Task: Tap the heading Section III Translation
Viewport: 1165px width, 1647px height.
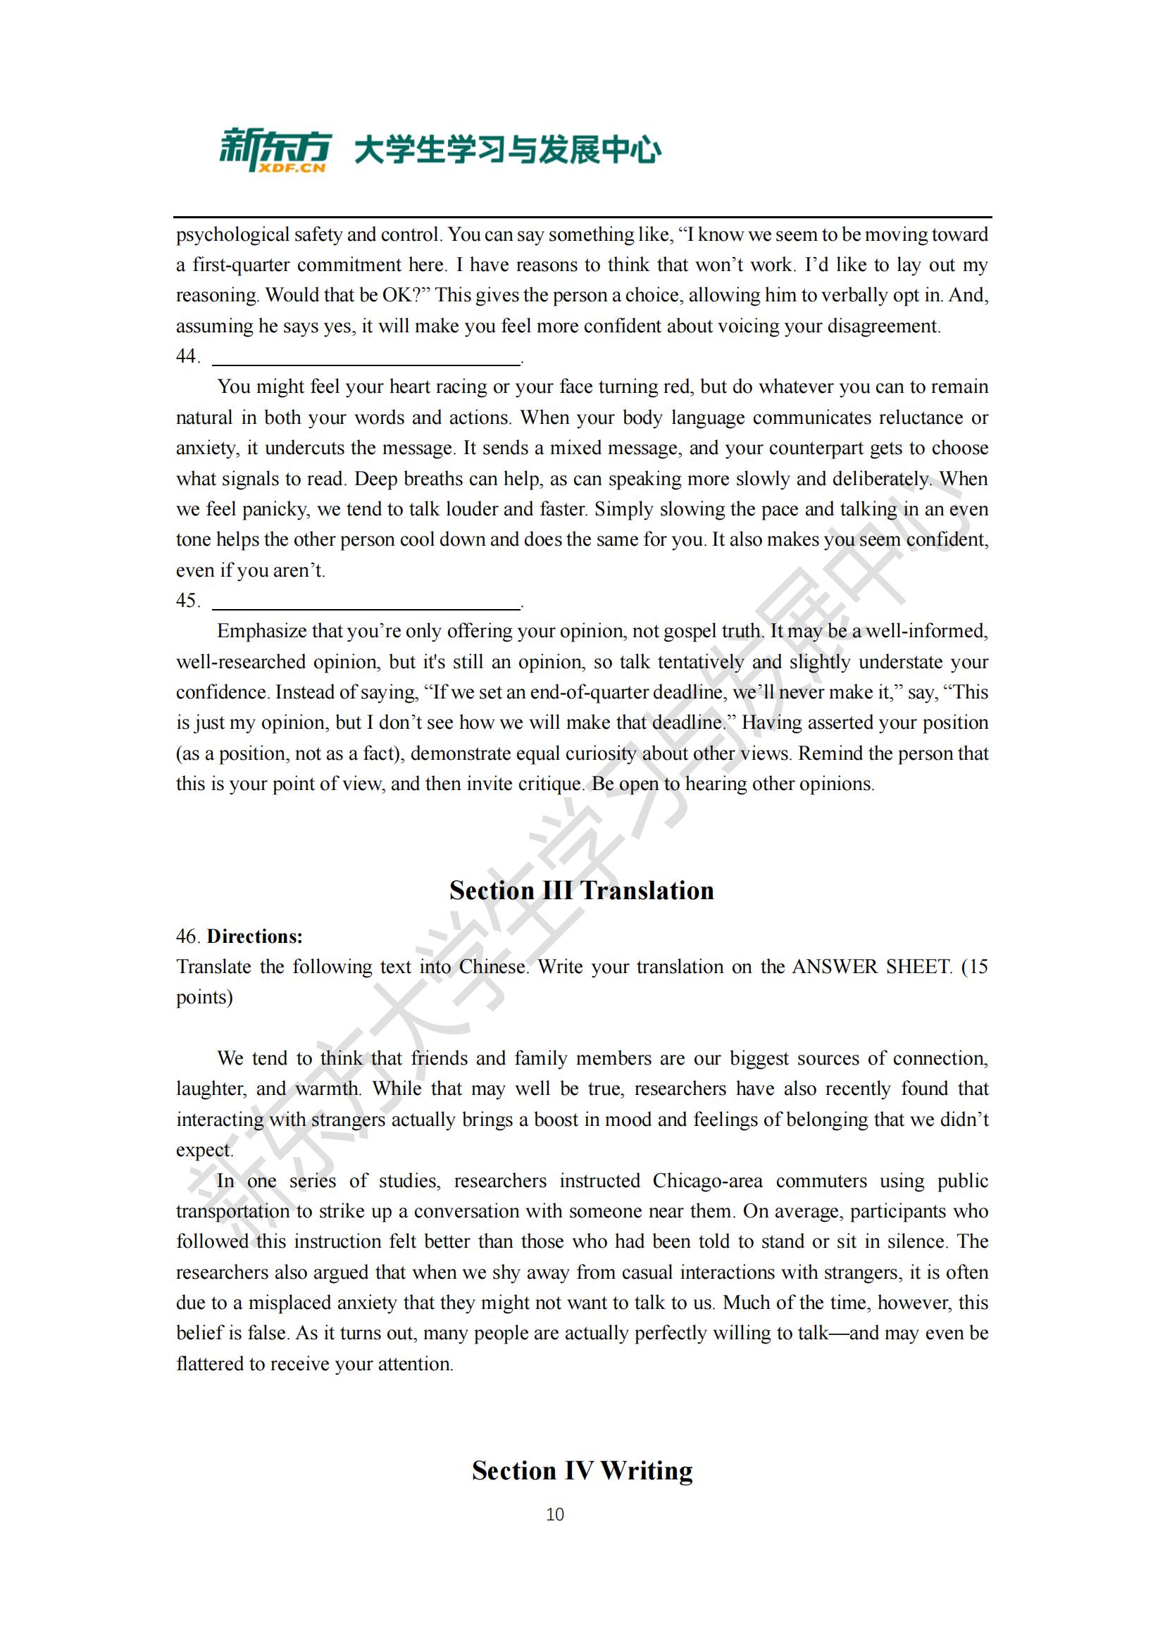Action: pyautogui.click(x=582, y=890)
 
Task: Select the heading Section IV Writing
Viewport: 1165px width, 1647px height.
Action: pyautogui.click(x=582, y=1470)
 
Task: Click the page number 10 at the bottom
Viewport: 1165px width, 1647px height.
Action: pyautogui.click(x=554, y=1515)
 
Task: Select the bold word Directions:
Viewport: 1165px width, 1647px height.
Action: pyautogui.click(x=255, y=936)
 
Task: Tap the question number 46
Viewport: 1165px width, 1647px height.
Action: pyautogui.click(x=187, y=936)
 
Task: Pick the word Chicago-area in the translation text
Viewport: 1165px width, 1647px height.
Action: pyautogui.click(x=707, y=1181)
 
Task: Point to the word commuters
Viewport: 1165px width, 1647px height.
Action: pyautogui.click(x=821, y=1181)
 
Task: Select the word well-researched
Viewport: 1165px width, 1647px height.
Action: pyautogui.click(x=241, y=662)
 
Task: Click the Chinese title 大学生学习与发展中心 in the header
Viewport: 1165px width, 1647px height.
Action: pyautogui.click(x=508, y=151)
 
